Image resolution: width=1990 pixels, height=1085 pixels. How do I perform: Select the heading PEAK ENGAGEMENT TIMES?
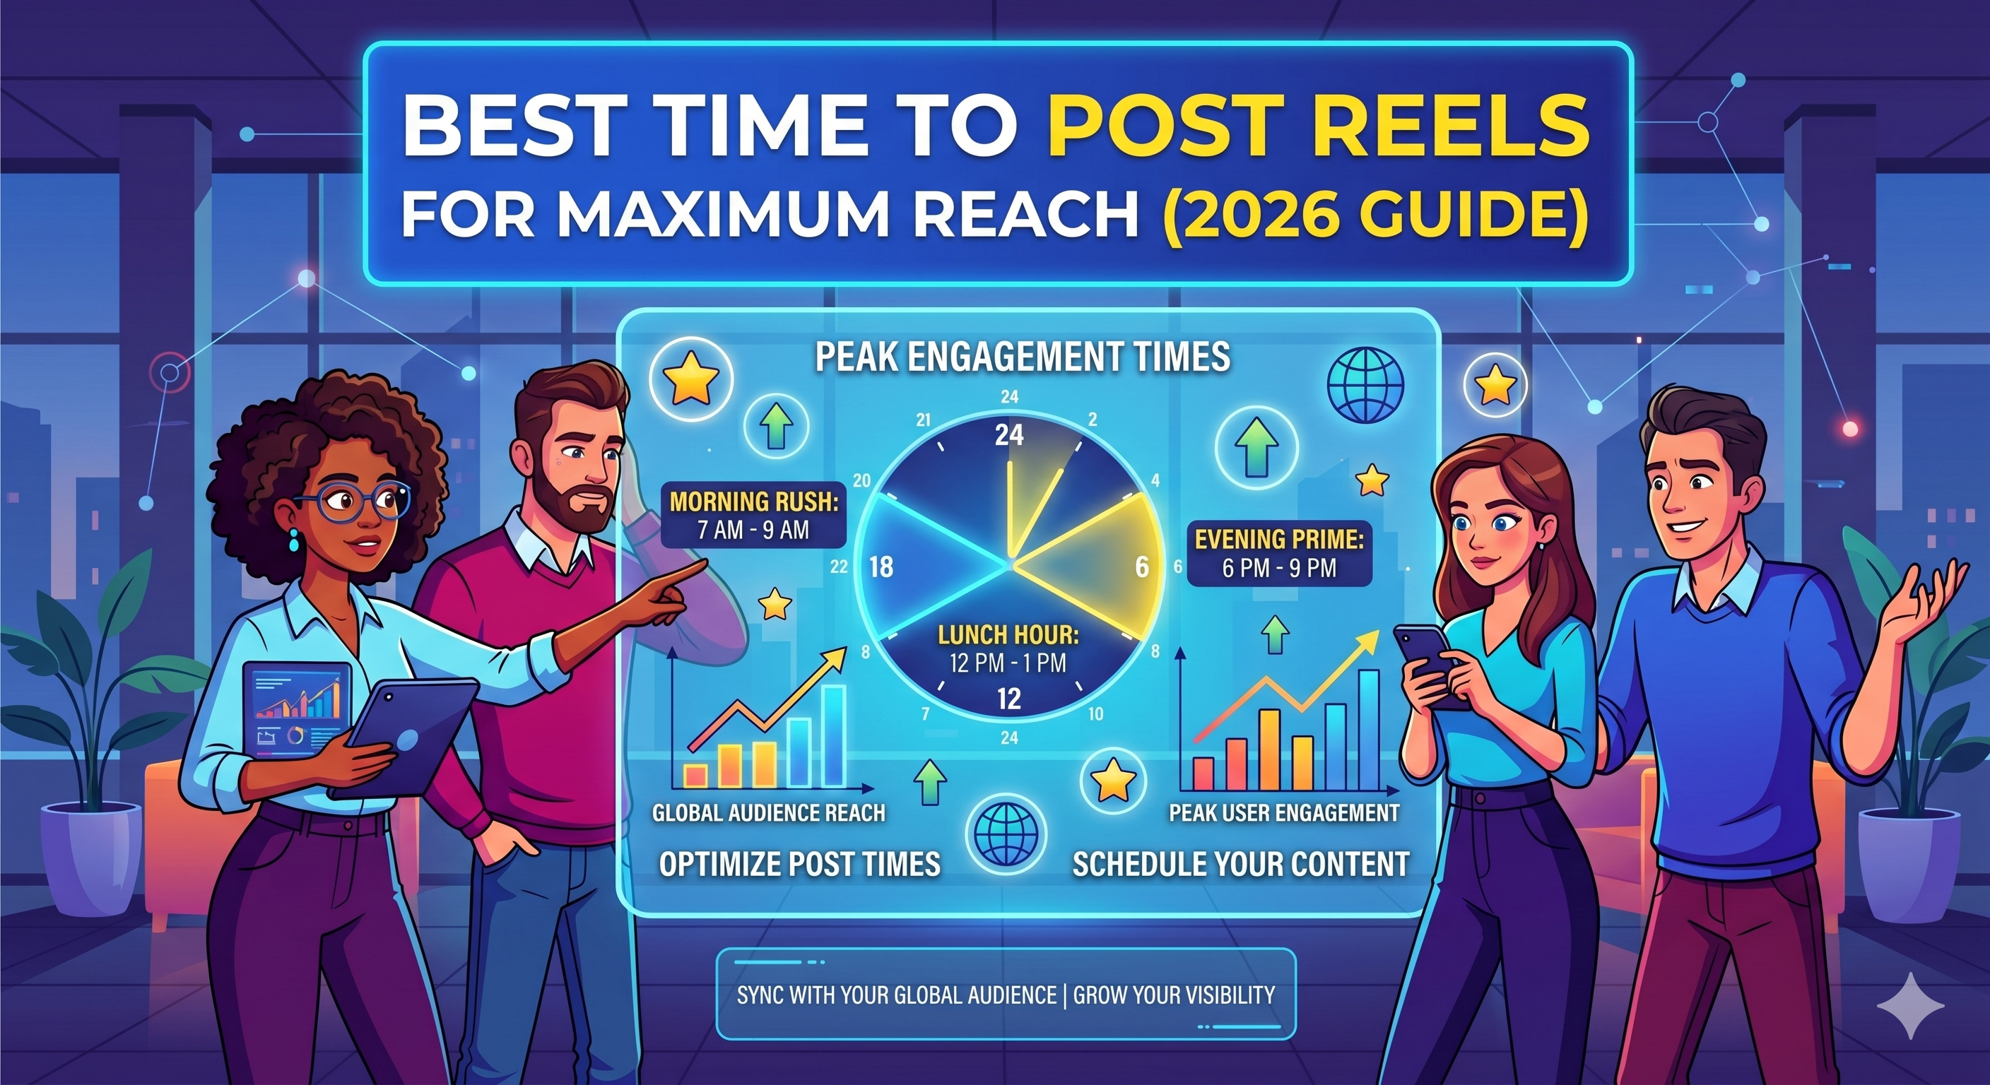[1023, 357]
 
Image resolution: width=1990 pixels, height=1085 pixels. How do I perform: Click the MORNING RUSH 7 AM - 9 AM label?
[754, 515]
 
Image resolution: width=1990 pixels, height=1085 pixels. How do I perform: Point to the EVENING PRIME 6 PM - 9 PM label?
[1279, 553]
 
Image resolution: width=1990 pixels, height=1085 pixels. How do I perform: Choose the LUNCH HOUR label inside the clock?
[1008, 648]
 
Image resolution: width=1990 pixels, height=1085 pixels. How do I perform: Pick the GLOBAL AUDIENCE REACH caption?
[769, 813]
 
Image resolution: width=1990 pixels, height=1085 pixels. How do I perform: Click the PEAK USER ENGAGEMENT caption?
[1284, 813]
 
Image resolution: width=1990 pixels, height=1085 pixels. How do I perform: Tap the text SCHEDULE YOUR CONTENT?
[1241, 864]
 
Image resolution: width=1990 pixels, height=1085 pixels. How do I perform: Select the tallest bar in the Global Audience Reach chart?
[834, 735]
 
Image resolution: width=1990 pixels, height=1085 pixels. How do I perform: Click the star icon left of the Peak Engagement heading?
[686, 381]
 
